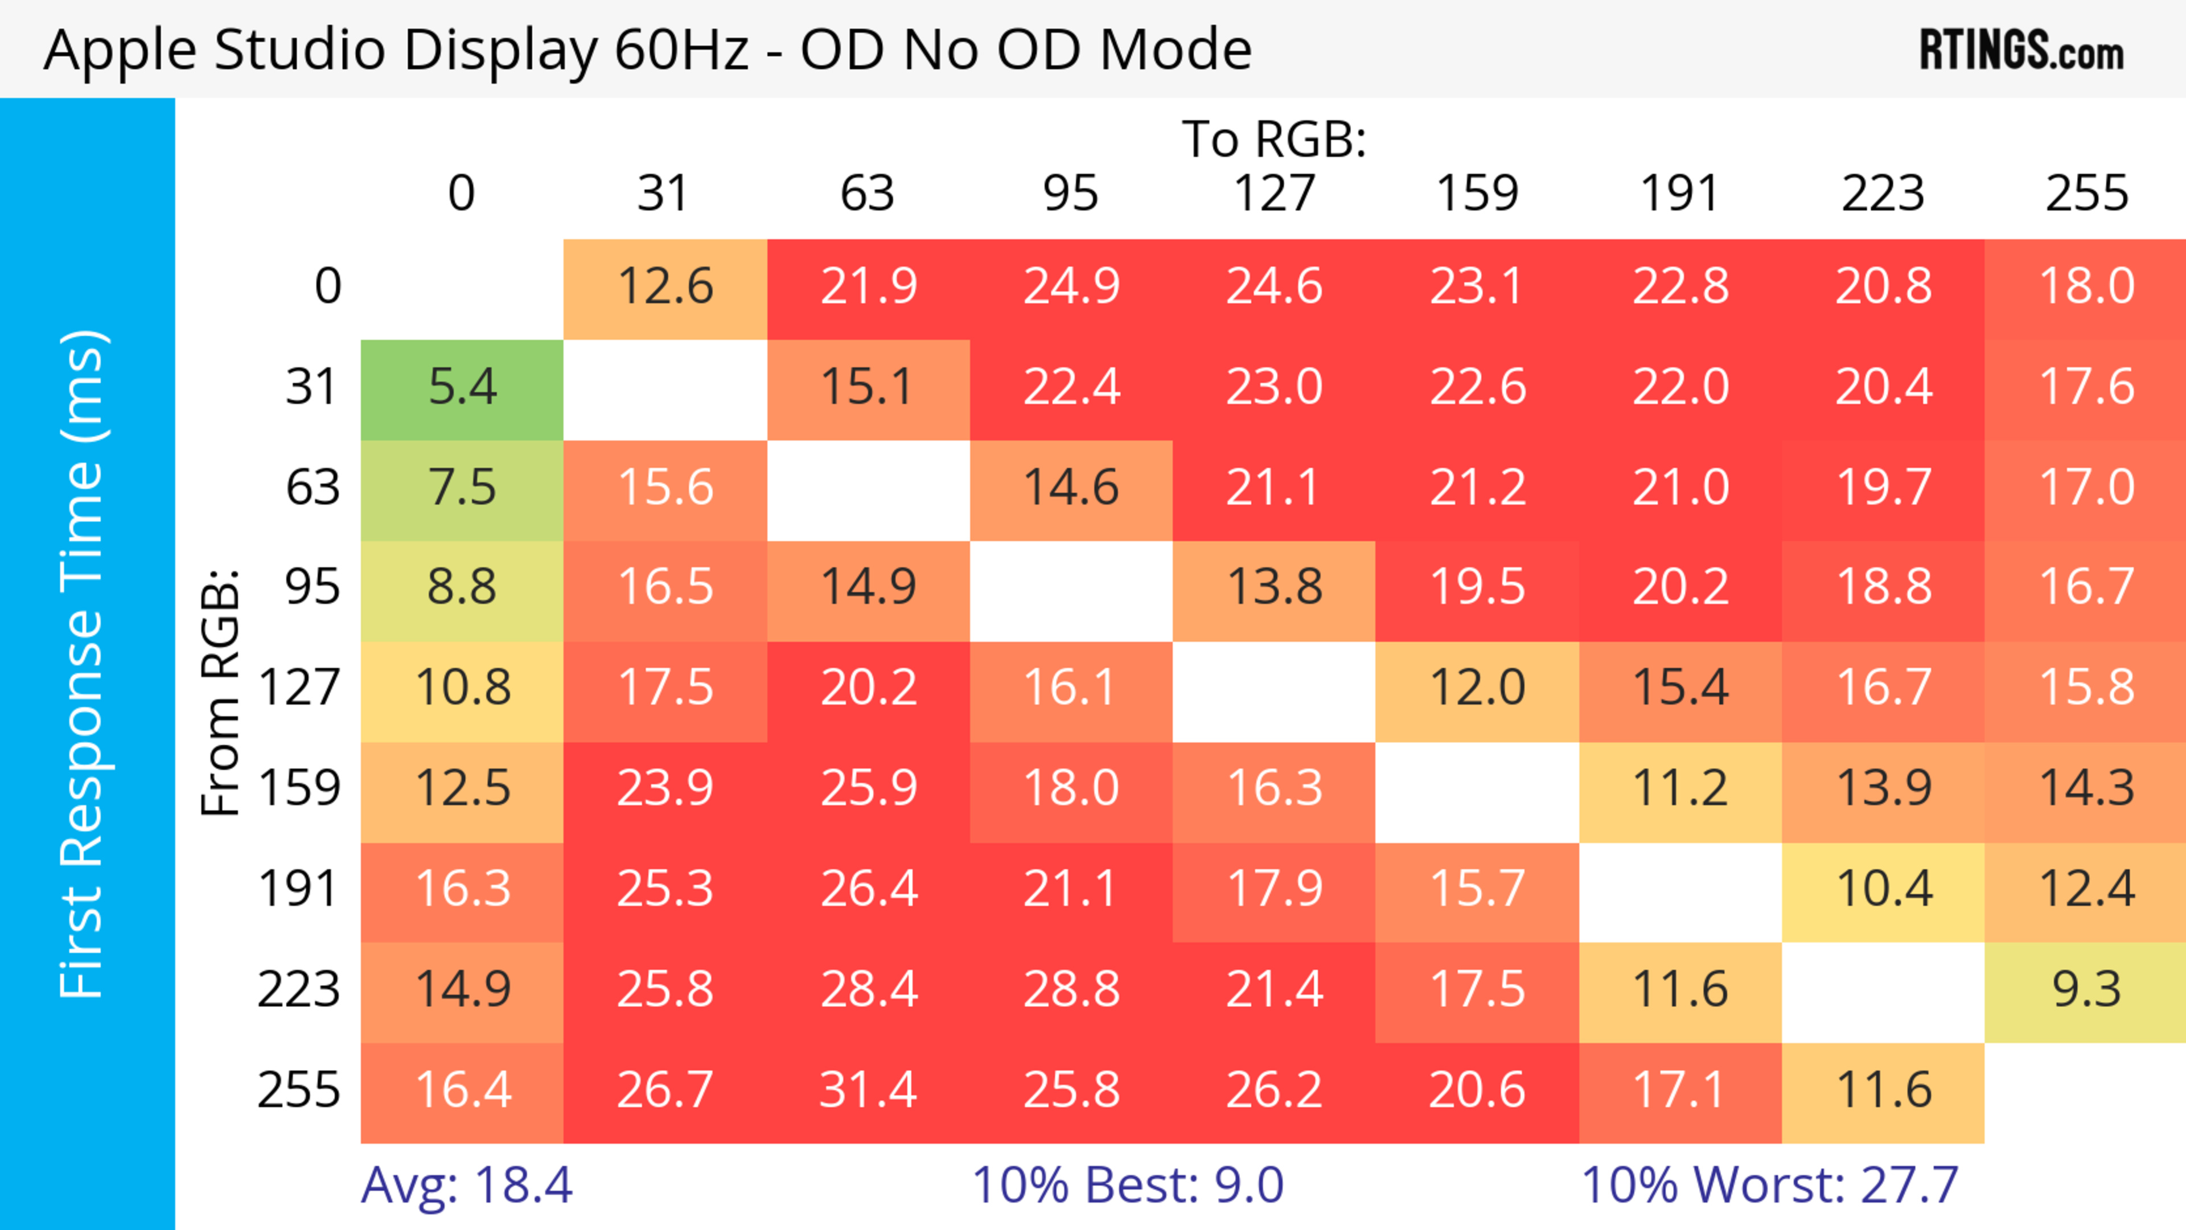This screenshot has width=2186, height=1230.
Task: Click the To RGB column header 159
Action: point(1477,194)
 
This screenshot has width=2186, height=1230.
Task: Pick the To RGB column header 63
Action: point(867,194)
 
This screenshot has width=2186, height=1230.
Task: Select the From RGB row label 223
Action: point(299,990)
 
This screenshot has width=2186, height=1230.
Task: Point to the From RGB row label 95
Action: point(313,587)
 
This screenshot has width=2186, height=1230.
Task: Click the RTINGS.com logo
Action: point(2021,51)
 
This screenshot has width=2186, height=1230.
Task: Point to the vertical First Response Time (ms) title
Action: point(83,663)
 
